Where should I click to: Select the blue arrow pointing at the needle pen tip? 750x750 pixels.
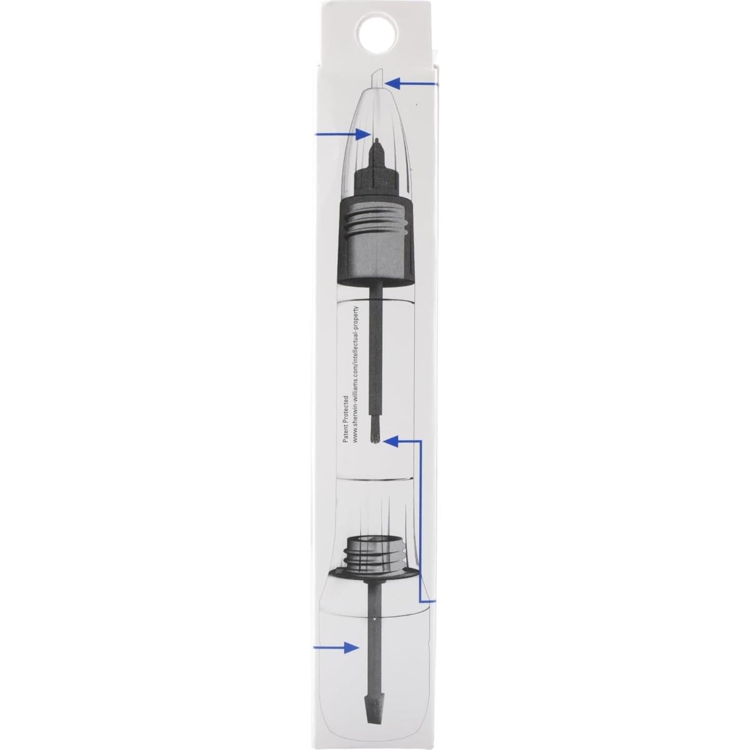tap(343, 134)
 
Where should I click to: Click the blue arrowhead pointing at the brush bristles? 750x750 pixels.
tap(391, 441)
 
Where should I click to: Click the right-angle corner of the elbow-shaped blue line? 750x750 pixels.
tap(421, 441)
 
